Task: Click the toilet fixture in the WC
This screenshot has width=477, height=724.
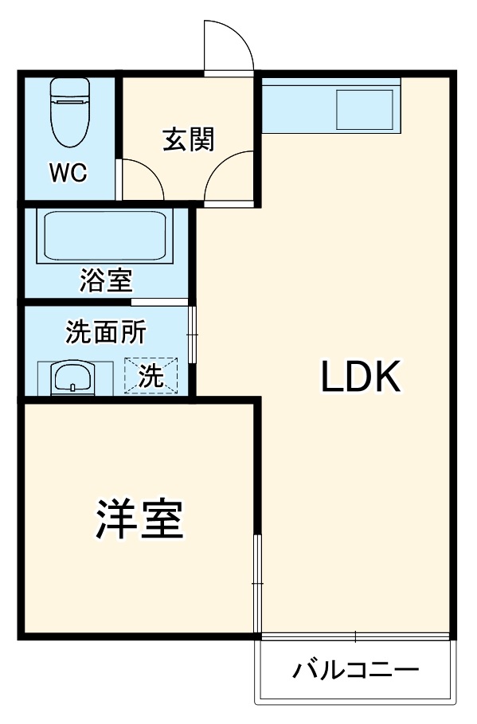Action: pyautogui.click(x=70, y=112)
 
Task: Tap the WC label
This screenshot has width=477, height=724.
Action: pyautogui.click(x=68, y=173)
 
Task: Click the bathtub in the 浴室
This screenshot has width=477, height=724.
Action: pyautogui.click(x=105, y=237)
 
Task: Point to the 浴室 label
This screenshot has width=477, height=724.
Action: pyautogui.click(x=106, y=280)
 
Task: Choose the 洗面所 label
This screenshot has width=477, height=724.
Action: pyautogui.click(x=106, y=331)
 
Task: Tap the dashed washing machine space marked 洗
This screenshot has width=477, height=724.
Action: pyautogui.click(x=151, y=375)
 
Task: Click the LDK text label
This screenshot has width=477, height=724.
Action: pyautogui.click(x=361, y=376)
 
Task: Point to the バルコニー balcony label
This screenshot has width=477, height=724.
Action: pyautogui.click(x=355, y=670)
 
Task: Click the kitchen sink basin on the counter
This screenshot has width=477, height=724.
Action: pyautogui.click(x=365, y=110)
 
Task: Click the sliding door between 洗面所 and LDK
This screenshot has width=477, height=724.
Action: pyautogui.click(x=192, y=335)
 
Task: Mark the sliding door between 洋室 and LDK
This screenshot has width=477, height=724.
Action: pyautogui.click(x=257, y=584)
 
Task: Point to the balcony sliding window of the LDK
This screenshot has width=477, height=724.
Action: pyautogui.click(x=355, y=636)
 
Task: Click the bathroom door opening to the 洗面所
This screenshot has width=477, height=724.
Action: pyautogui.click(x=159, y=302)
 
